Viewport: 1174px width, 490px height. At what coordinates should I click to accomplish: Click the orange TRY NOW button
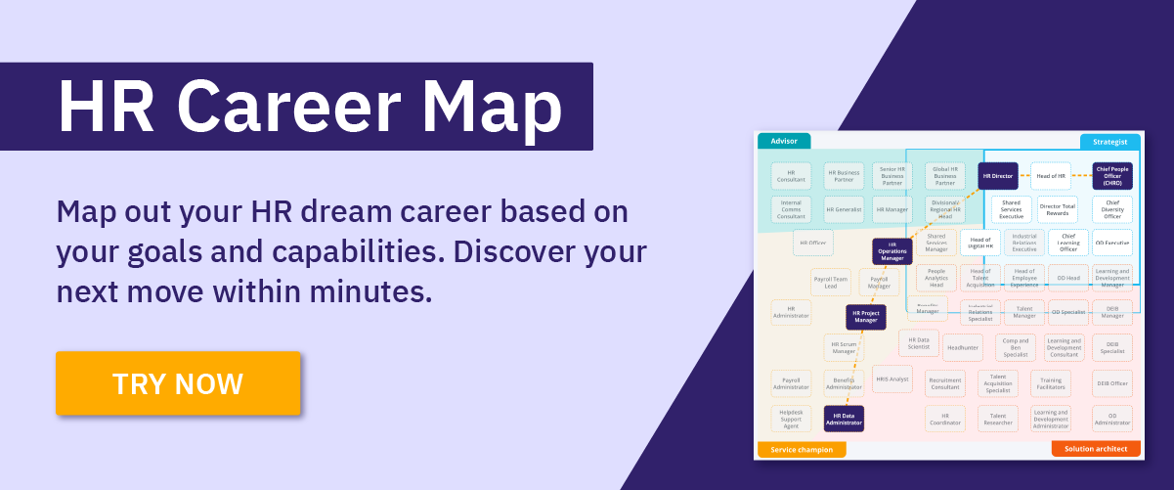[178, 383]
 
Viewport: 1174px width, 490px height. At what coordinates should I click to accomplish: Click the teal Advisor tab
[784, 141]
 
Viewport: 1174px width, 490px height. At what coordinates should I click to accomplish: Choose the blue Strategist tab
[1109, 142]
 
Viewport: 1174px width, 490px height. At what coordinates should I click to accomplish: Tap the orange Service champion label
[802, 450]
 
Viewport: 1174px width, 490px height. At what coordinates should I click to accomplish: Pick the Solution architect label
[1096, 449]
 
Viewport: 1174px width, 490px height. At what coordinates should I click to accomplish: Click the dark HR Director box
[998, 176]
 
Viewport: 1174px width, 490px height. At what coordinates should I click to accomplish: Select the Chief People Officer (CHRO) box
[1112, 176]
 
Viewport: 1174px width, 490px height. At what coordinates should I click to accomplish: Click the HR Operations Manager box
[891, 251]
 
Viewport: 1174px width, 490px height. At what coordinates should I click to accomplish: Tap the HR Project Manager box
[866, 317]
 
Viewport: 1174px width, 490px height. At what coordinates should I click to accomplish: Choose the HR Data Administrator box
[844, 419]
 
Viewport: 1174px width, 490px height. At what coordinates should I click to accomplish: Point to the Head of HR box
[1051, 176]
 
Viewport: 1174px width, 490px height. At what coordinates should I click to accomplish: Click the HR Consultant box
[791, 176]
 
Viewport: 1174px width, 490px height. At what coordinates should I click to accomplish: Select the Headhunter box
[963, 347]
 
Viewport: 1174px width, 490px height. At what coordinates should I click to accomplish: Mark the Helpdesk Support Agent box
[791, 419]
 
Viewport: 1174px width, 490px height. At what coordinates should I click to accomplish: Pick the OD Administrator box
[1111, 419]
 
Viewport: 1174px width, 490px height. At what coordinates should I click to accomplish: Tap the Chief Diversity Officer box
[1112, 209]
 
